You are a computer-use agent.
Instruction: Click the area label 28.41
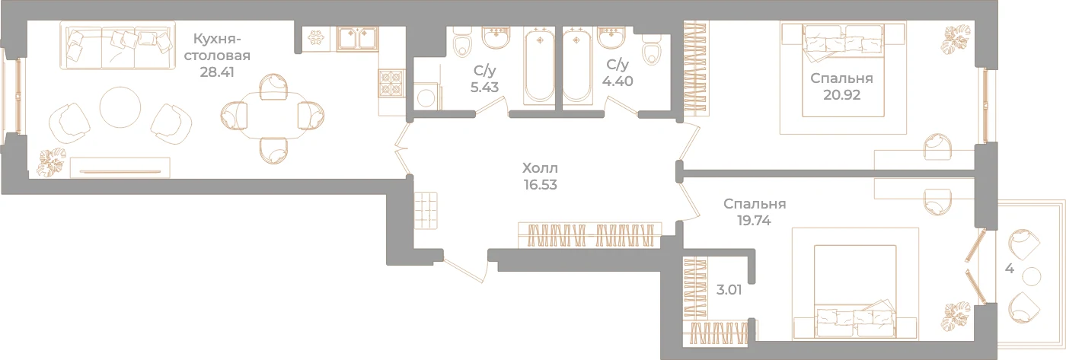[x=217, y=72]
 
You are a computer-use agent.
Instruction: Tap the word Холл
[x=540, y=168]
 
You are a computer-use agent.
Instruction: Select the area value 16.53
[x=540, y=184]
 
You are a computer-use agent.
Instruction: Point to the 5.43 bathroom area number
[x=484, y=88]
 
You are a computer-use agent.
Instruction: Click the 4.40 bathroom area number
[x=618, y=81]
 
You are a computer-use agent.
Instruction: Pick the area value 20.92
[x=842, y=95]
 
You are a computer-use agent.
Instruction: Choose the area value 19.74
[x=754, y=221]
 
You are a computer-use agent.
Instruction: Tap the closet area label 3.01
[x=729, y=290]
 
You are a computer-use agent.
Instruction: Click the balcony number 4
[x=1010, y=269]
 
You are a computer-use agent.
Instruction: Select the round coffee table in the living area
[x=120, y=107]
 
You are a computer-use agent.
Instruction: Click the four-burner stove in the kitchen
[x=391, y=83]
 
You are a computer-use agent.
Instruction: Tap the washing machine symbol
[x=426, y=97]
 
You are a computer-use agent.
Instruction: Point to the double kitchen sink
[x=357, y=39]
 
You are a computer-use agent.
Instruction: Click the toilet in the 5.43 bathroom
[x=461, y=43]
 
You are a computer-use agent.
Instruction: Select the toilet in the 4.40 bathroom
[x=651, y=50]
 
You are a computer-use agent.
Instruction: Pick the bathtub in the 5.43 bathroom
[x=539, y=65]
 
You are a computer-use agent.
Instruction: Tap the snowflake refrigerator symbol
[x=315, y=37]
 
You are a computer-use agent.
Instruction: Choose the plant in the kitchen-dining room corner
[x=51, y=161]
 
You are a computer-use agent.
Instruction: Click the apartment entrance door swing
[x=466, y=270]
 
